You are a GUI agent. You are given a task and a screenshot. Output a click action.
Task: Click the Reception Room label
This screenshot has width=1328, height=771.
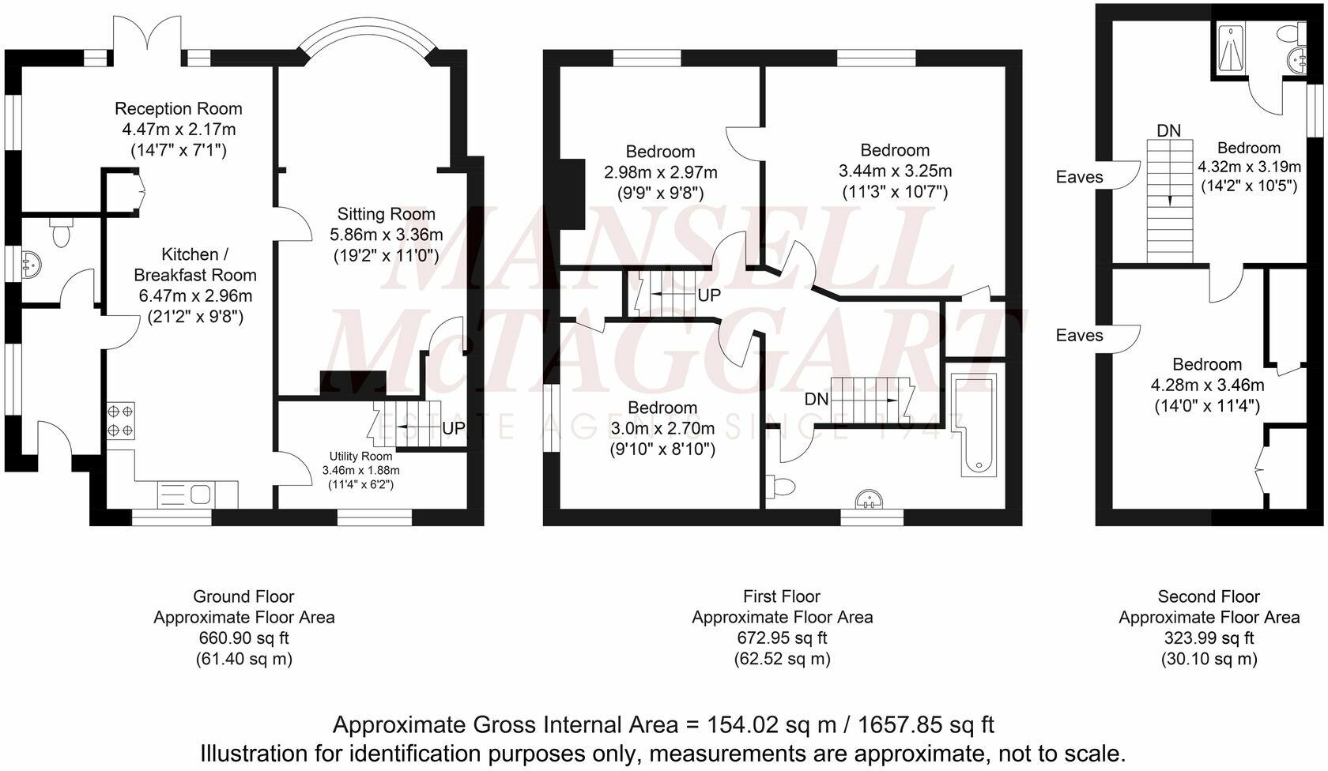coord(178,109)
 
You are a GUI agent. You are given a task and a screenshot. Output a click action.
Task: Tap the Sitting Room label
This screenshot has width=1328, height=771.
coord(386,214)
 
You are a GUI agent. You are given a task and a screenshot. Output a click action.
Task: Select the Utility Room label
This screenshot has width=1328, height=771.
coord(360,457)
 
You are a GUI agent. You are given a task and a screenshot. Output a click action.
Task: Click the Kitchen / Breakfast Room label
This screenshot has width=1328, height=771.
coord(194,265)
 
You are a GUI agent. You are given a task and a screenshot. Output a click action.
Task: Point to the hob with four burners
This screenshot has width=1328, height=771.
coord(120,420)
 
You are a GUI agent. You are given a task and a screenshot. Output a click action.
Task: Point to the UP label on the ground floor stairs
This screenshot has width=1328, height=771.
coord(454,429)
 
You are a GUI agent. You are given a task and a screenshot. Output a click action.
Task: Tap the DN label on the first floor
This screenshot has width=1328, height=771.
coord(817,400)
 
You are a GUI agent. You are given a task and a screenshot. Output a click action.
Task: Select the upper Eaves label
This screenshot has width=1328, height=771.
coord(1079,177)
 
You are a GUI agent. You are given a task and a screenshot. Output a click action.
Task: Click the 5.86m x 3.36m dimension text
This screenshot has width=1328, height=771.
coord(386,235)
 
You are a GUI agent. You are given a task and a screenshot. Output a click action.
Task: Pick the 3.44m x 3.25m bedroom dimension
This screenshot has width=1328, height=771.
coord(895,171)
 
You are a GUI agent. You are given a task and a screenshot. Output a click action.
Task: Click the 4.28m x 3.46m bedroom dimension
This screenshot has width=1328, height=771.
coord(1206,385)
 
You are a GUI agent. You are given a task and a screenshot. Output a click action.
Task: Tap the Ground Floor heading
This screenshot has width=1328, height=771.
coord(243,596)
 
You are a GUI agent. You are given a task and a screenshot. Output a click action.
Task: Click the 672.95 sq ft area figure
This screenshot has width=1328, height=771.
coord(782,638)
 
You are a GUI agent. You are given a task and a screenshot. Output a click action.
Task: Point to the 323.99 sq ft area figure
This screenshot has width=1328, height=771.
coord(1209,638)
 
